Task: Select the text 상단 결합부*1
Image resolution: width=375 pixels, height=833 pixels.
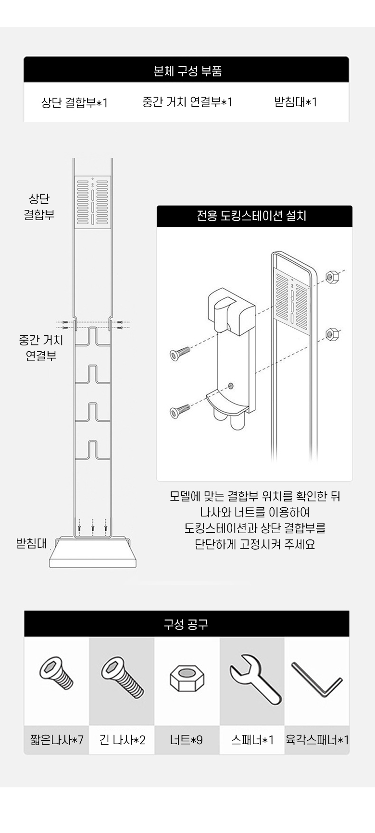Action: pos(75,102)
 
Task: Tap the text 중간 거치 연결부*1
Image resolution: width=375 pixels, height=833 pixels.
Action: pos(187,102)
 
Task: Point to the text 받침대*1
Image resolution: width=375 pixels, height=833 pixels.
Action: pos(296,102)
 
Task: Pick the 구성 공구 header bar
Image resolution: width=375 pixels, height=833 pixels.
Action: pos(187,624)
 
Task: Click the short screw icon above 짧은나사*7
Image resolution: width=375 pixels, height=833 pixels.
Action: pos(56,673)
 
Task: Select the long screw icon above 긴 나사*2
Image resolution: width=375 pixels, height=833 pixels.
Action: pos(123,677)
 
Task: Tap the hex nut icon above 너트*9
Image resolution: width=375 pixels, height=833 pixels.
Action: pos(187,678)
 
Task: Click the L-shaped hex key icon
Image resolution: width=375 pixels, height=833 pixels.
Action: pos(317,679)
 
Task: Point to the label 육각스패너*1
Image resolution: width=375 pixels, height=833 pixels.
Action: pos(317,740)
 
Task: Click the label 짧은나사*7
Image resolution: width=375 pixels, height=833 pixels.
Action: pos(57,740)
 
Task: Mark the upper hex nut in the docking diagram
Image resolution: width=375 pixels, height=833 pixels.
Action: pos(332,276)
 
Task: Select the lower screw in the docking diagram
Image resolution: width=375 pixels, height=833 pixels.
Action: pos(180,411)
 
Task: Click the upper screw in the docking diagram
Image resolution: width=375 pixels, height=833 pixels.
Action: pos(180,353)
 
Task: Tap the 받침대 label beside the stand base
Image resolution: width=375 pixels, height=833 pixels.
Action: pos(32,543)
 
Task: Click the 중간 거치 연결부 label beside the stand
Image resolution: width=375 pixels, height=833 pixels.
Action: pos(41,348)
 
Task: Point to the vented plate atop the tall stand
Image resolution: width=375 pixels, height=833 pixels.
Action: pos(92,202)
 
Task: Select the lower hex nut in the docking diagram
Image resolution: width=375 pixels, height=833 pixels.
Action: pos(332,333)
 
